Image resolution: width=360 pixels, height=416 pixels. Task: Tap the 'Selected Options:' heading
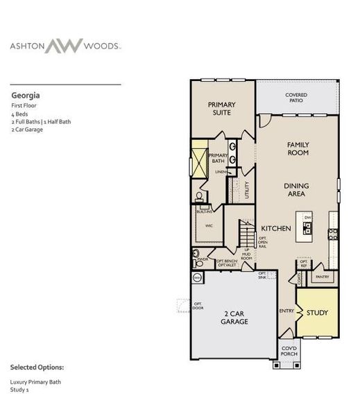pyautogui.click(x=37, y=366)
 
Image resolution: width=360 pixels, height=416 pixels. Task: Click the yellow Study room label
pyautogui.click(x=318, y=313)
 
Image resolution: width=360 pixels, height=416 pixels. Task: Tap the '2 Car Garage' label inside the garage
pyautogui.click(x=234, y=318)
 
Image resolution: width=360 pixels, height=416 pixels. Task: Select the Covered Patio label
pyautogui.click(x=296, y=98)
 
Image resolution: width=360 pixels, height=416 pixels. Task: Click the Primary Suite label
pyautogui.click(x=222, y=109)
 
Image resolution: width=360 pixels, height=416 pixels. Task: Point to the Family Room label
pyautogui.click(x=298, y=148)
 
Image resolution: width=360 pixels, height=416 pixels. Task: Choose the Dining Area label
pyautogui.click(x=296, y=190)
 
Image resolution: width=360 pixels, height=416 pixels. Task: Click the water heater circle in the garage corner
pyautogui.click(x=197, y=277)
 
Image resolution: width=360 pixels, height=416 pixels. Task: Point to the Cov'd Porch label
pyautogui.click(x=289, y=351)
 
